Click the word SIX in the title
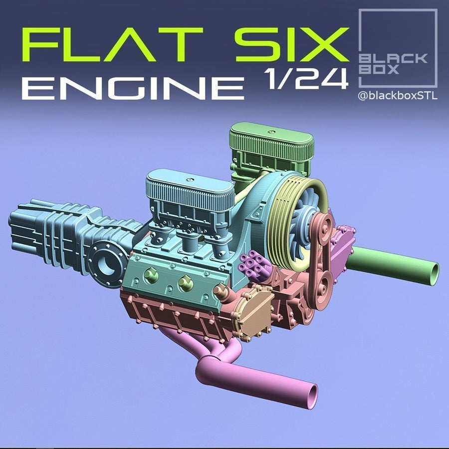(x=292, y=45)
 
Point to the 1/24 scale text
(x=306, y=78)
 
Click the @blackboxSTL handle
(x=398, y=96)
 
